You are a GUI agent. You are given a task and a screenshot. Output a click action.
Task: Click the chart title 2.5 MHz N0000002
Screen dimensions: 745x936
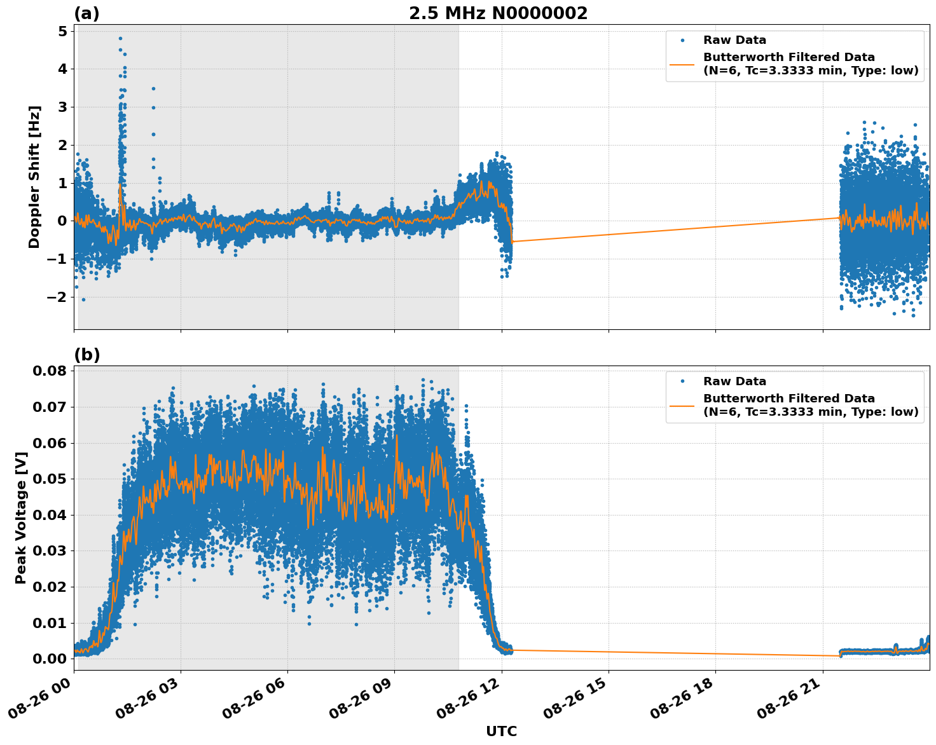click(x=498, y=13)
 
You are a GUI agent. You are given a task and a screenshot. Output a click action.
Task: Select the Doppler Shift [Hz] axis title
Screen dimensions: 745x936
click(x=34, y=177)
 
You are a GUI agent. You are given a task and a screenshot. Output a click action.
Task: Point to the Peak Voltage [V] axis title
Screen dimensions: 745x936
click(x=21, y=518)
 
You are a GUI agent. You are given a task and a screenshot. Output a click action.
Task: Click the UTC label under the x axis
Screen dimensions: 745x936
click(x=501, y=732)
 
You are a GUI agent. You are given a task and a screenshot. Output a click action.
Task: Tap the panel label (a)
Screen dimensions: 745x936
click(x=86, y=13)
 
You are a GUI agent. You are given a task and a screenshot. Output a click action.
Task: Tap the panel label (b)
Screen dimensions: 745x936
click(x=86, y=355)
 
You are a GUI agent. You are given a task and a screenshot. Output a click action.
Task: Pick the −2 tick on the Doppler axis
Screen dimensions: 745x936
click(x=58, y=297)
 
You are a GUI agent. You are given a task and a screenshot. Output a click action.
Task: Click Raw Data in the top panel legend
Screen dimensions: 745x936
click(x=734, y=40)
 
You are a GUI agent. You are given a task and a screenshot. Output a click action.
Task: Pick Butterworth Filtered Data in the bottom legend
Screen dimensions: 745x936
click(x=788, y=399)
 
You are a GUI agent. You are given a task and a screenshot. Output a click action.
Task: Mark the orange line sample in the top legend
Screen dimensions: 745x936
click(x=682, y=64)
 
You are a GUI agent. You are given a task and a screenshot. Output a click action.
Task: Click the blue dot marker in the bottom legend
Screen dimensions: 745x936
click(x=682, y=381)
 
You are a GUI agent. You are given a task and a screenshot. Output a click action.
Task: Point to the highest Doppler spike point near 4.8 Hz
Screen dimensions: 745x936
click(x=120, y=38)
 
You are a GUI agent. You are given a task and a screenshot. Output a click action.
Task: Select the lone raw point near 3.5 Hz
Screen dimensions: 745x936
click(x=153, y=88)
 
